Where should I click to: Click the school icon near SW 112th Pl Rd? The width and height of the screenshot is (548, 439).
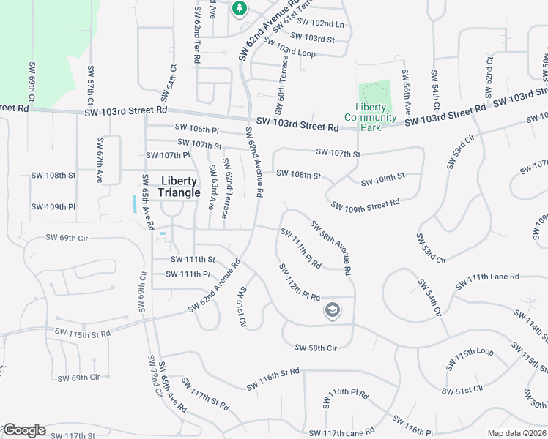[x=332, y=311]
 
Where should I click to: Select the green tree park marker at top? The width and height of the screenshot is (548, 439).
[x=239, y=8]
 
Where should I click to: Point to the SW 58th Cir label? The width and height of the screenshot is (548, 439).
[x=315, y=348]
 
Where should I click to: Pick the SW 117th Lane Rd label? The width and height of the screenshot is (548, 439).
[x=342, y=432]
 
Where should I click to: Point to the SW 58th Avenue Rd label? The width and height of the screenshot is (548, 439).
[x=331, y=247]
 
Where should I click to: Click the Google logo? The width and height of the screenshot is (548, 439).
[x=23, y=430]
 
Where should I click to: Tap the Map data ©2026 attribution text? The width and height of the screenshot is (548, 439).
[x=517, y=433]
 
